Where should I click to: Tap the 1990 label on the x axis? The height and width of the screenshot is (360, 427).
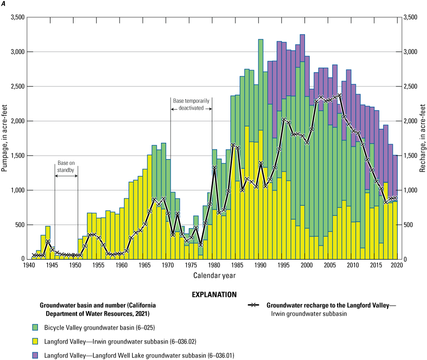[x=260, y=266]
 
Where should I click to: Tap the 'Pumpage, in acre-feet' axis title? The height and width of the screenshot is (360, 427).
[x=6, y=138]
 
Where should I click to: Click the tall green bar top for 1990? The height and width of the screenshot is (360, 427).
[x=260, y=40]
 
